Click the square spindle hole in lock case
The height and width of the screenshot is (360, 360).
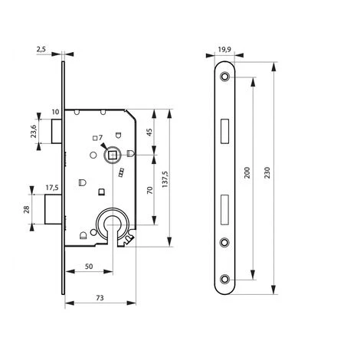[x=113, y=155]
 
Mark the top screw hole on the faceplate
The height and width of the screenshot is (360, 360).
[x=224, y=77]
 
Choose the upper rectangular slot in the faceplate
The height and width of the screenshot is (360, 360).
[x=224, y=131]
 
